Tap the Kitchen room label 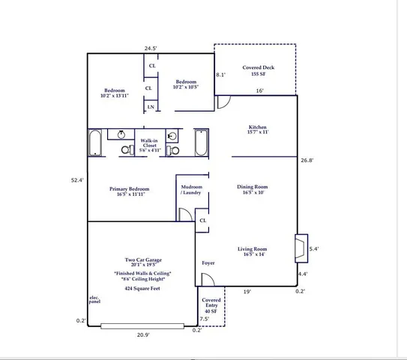pos(257,130)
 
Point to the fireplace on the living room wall pos(301,246)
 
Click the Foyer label pos(208,263)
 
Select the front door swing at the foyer pos(210,280)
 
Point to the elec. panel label pos(94,301)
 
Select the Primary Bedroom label pos(129,192)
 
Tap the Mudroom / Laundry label pos(191,190)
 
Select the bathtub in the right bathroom pos(202,142)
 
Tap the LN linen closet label pos(151,106)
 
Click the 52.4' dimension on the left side pos(76,180)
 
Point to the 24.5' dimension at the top pos(151,48)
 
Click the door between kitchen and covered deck pos(223,101)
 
